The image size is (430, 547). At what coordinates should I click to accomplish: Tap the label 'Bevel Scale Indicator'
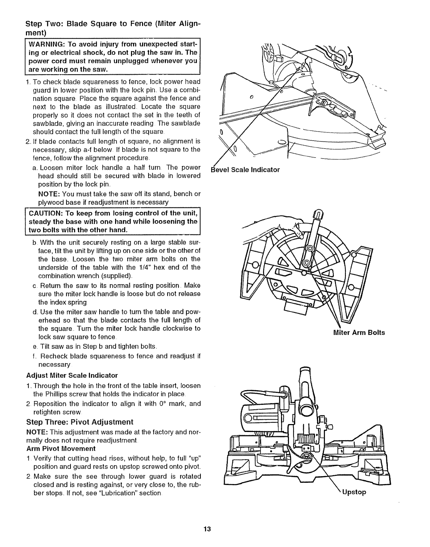[x=245, y=170]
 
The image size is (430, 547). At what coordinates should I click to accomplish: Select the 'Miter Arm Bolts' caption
[x=359, y=333]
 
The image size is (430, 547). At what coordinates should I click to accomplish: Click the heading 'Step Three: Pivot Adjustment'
[x=80, y=422]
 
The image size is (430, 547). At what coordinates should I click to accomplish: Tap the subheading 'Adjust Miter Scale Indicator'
[x=72, y=375]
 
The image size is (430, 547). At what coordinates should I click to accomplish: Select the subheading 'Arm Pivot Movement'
[x=61, y=449]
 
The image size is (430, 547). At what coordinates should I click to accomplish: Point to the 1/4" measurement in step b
[x=150, y=267]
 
